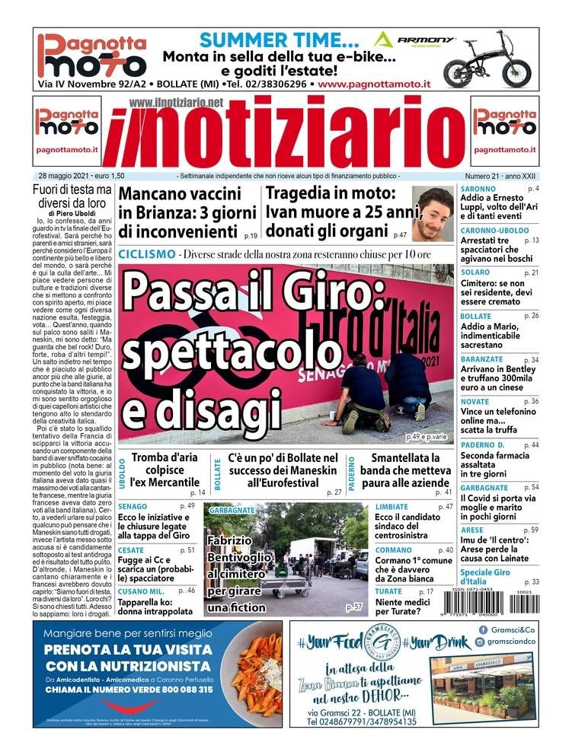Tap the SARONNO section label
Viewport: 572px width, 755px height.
point(478,188)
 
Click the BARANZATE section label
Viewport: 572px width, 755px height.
point(481,359)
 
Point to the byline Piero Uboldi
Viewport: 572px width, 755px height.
point(79,213)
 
